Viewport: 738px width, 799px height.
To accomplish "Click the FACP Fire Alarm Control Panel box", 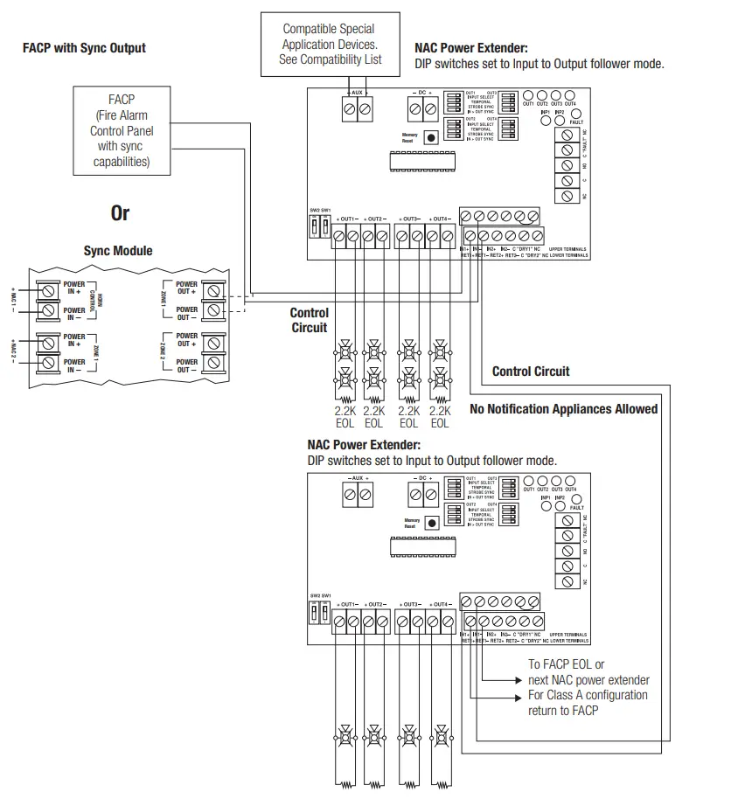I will [122, 130].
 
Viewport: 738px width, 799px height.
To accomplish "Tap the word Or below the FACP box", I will [120, 213].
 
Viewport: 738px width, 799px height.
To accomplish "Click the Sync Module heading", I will [118, 251].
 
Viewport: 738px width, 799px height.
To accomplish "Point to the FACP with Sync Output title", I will [84, 47].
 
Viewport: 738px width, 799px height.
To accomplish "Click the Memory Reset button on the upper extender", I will [430, 137].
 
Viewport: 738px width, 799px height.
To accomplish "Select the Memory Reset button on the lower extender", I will [430, 523].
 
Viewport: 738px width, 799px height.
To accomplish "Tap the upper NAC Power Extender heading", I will [471, 49].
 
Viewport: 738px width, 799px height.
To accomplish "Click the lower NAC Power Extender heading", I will [364, 445].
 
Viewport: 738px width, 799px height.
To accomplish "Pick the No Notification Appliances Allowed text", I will [563, 409].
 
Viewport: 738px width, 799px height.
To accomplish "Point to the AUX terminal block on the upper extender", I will [357, 109].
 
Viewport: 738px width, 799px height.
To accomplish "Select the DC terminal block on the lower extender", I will [422, 495].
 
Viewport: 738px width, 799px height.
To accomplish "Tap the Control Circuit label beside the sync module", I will [310, 320].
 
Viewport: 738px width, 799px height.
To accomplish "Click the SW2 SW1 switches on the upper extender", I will [320, 226].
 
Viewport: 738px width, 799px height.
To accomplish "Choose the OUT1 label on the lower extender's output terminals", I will [349, 604].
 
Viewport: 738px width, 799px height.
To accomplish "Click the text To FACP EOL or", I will [566, 664].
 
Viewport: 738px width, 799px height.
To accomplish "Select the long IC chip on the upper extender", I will [421, 161].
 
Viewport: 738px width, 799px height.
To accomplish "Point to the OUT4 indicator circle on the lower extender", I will [570, 480].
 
